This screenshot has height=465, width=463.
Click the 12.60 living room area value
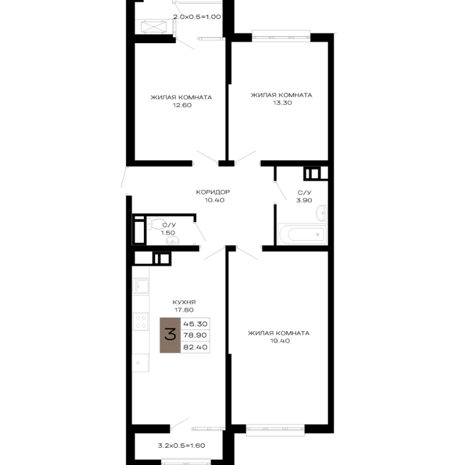tap(182, 105)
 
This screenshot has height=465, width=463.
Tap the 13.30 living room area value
tap(283, 103)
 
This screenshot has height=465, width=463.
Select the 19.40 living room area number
tap(280, 341)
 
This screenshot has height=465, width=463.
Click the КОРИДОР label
tap(213, 192)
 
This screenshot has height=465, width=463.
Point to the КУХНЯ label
tap(184, 302)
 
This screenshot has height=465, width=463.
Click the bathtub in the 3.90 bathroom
tap(302, 234)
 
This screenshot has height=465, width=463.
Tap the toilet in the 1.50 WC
tap(156, 224)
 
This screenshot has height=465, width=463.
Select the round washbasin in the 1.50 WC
tap(173, 241)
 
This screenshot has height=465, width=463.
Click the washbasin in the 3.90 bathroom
tap(321, 213)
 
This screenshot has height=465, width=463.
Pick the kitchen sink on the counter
tap(141, 286)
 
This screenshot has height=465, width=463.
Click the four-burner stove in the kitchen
tap(141, 322)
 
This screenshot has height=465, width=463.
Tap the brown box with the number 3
tap(170, 335)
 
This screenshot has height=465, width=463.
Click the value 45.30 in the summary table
tap(195, 324)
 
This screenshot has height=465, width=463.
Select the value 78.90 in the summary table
tap(195, 336)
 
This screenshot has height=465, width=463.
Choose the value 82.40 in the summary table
tap(195, 347)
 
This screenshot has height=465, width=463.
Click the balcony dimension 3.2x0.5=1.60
tap(181, 446)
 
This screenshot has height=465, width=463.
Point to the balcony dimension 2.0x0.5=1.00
tap(197, 17)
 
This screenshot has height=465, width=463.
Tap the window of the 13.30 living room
tap(281, 36)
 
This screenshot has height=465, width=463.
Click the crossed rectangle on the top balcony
tap(153, 27)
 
